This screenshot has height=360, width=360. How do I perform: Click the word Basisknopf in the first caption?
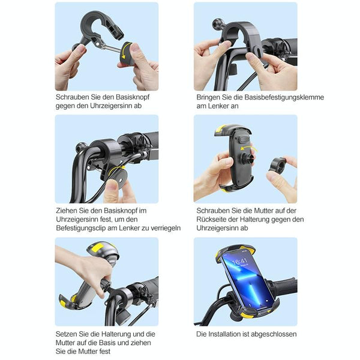click(x=133, y=97)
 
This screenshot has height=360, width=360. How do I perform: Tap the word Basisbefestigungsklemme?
click(x=284, y=97)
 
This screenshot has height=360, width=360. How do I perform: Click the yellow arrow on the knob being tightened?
click(x=116, y=170)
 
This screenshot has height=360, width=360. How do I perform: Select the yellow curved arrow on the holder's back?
click(x=249, y=149)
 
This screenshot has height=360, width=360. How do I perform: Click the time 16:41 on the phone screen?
click(x=239, y=261)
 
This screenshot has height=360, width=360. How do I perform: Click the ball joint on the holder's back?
click(x=248, y=158)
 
